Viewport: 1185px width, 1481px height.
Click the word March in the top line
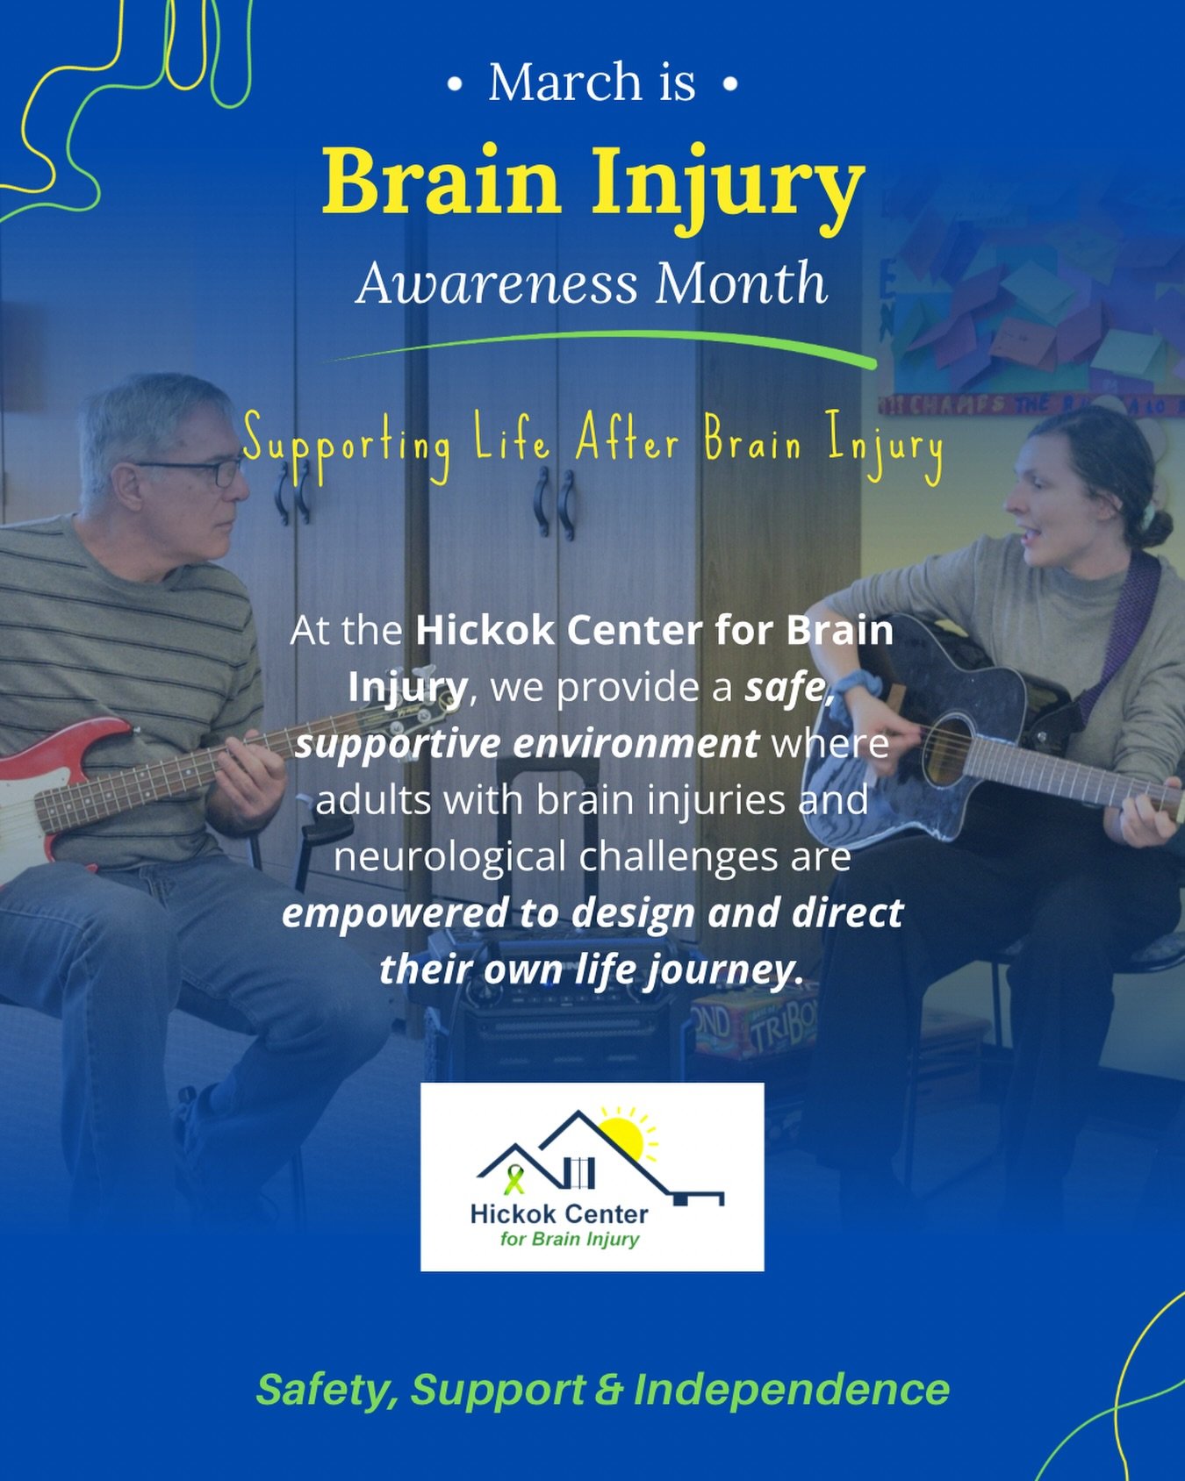[x=565, y=82]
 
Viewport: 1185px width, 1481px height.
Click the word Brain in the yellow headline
[x=442, y=183]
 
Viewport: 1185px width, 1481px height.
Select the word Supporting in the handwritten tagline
[x=347, y=444]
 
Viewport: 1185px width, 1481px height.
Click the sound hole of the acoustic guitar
[x=946, y=750]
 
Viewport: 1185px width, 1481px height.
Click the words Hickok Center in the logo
[x=559, y=1214]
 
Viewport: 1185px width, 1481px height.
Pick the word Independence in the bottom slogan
[x=791, y=1390]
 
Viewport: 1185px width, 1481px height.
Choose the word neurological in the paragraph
[x=449, y=857]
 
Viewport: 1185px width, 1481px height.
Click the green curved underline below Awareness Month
[x=606, y=344]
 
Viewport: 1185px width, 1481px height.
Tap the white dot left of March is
[x=454, y=85]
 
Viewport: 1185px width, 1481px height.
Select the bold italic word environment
[x=635, y=744]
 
